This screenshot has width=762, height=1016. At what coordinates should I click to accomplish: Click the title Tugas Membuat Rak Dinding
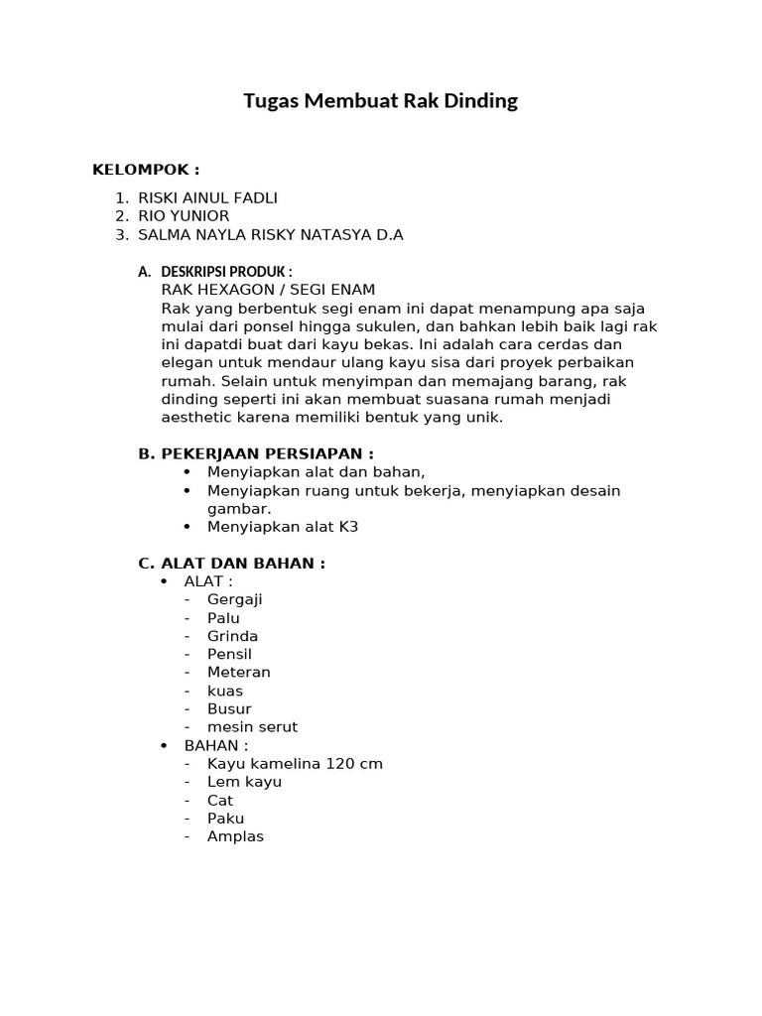tap(381, 101)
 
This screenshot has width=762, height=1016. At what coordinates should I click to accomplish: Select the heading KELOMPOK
tap(146, 170)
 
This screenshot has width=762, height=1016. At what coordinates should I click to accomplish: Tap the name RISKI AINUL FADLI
tap(207, 198)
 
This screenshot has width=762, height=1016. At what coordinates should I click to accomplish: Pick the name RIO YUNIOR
tap(184, 216)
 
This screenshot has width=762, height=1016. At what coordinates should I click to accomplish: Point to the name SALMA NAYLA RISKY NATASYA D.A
tap(270, 235)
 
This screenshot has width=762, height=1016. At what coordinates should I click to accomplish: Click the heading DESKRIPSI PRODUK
tap(226, 272)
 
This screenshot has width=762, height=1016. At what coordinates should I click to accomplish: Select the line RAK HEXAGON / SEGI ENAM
tap(268, 290)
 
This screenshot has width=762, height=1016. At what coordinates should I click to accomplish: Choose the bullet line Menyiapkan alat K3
tap(283, 527)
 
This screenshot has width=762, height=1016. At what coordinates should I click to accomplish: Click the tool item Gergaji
tap(235, 599)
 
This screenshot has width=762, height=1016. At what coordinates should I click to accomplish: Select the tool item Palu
tap(223, 618)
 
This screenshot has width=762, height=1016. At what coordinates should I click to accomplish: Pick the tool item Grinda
tap(232, 636)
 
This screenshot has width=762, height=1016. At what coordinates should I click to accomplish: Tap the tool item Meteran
tap(238, 672)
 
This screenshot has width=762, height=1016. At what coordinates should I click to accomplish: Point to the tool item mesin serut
tap(252, 726)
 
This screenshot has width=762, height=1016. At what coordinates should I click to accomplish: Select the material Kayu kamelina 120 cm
tap(295, 764)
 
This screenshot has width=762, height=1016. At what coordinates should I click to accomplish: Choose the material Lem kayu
tap(244, 782)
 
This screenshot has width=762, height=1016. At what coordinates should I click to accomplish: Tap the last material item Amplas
tap(235, 836)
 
